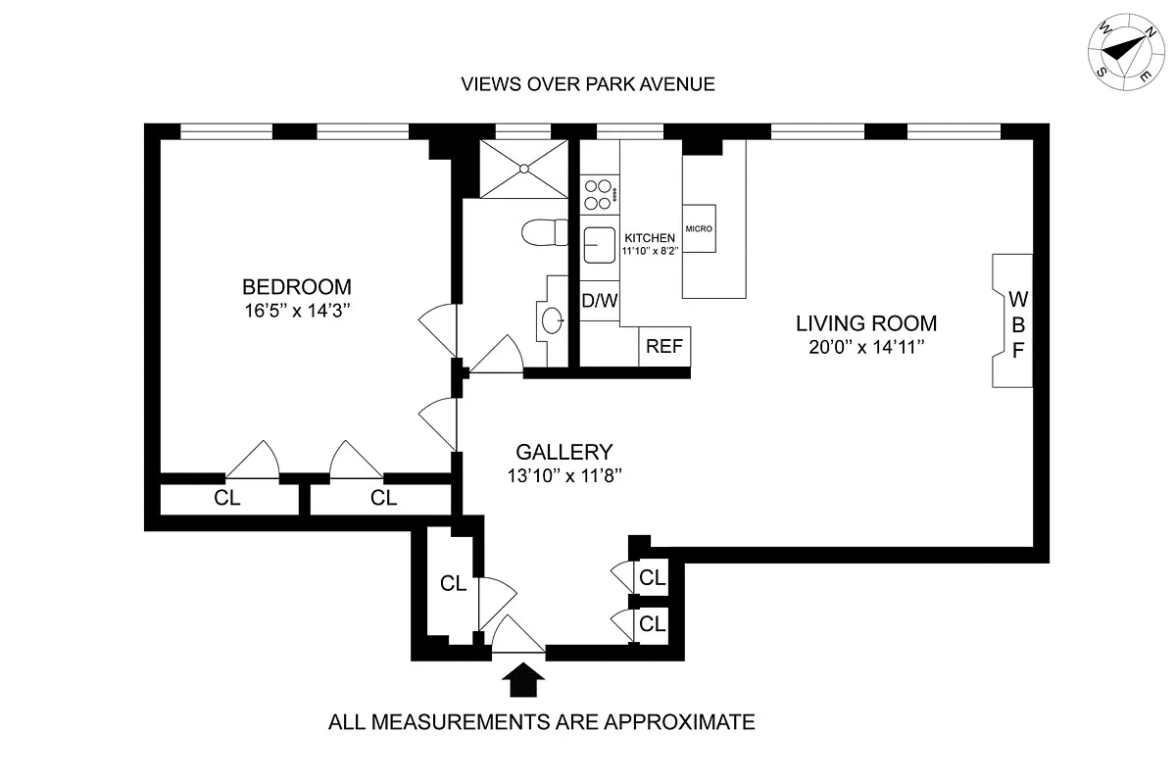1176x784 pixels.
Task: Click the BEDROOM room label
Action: click(x=296, y=287)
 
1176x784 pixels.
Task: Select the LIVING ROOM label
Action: click(x=865, y=323)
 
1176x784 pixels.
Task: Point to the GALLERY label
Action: click(x=563, y=452)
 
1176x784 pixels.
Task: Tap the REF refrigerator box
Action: click(x=665, y=346)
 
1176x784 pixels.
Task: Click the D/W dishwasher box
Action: click(x=600, y=301)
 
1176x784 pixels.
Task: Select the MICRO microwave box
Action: click(x=699, y=228)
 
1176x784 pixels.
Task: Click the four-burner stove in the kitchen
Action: click(x=599, y=193)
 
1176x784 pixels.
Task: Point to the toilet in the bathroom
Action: click(x=542, y=233)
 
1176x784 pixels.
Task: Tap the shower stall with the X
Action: click(x=523, y=169)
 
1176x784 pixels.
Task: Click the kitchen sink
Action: click(x=599, y=245)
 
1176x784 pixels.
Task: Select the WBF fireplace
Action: click(x=1014, y=321)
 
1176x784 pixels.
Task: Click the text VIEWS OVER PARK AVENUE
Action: click(x=588, y=83)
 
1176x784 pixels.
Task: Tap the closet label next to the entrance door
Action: click(x=452, y=584)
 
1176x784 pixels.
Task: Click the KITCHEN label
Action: click(x=649, y=238)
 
